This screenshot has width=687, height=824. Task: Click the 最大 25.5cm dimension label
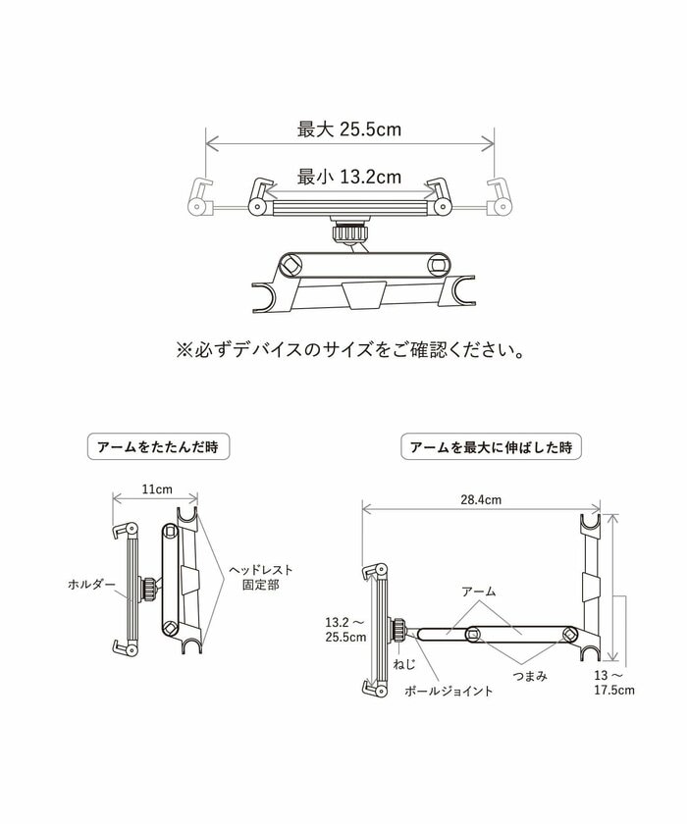[x=349, y=129]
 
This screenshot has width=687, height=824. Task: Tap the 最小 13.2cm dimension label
[x=349, y=178]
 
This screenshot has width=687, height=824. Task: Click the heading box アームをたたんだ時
[x=158, y=446]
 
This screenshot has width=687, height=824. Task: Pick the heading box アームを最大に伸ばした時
[x=492, y=446]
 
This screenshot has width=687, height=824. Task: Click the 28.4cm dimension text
[x=481, y=499]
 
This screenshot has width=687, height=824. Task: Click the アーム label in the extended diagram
[x=479, y=592]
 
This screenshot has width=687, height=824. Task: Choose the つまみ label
[x=529, y=676]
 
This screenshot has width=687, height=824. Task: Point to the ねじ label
[x=404, y=664]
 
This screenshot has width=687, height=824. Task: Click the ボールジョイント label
[x=449, y=692]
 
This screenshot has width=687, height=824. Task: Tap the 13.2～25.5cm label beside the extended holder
[x=344, y=629]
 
